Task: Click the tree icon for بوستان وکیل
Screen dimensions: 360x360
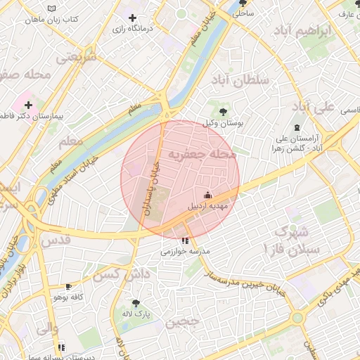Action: [x=223, y=111]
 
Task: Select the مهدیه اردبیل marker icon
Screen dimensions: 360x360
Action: [x=207, y=195]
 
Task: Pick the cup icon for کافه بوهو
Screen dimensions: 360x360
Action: [x=68, y=287]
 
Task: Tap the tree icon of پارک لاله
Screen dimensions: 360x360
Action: [x=136, y=303]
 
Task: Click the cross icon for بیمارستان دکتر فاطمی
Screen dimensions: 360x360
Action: [x=28, y=105]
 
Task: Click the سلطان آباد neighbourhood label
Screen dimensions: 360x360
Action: [x=240, y=80]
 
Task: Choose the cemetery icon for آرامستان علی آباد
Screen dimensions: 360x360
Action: [x=297, y=127]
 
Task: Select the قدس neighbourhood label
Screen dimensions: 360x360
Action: [x=57, y=240]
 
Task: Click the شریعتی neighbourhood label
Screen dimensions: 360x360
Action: [x=75, y=59]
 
